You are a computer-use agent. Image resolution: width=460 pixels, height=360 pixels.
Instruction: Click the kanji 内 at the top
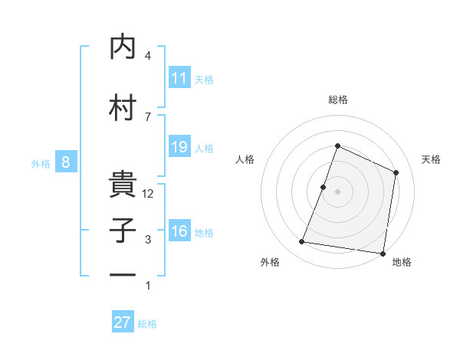pos(122,47)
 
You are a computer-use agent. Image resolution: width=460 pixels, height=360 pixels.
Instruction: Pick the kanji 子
pos(122,231)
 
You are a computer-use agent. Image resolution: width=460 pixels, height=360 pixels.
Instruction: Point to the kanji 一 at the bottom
pos(122,274)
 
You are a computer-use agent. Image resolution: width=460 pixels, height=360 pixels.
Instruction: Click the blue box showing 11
pos(179,78)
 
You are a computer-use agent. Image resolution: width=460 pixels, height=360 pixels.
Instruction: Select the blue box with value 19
pos(179,147)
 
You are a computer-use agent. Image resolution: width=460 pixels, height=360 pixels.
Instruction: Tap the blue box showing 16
pos(179,232)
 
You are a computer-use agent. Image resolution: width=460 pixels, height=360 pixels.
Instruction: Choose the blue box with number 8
pos(67,162)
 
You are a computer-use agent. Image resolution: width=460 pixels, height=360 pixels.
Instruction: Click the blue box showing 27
pos(123,322)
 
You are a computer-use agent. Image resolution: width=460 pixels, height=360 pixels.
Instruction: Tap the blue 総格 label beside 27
pos(147,324)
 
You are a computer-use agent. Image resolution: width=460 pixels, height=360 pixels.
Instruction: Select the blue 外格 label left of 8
pos(41,163)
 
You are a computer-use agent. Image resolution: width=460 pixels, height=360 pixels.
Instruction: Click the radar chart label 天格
pos(431,159)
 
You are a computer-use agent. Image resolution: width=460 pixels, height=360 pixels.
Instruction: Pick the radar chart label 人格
pos(245,159)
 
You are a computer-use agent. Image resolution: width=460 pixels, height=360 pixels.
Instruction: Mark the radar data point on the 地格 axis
pos(383,254)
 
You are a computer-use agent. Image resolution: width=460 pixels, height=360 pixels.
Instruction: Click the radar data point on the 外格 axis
pos(302,242)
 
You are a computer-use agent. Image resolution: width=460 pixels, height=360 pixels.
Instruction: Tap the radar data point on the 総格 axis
pos(337,146)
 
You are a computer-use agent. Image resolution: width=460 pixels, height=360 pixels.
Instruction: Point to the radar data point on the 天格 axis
pos(396,172)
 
